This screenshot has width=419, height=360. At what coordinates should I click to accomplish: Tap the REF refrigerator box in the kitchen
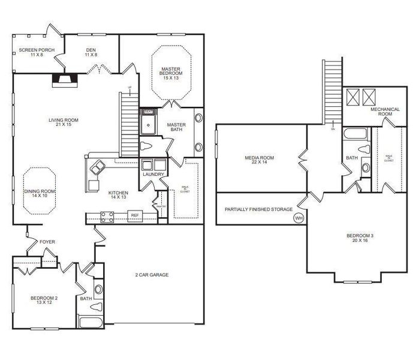135,215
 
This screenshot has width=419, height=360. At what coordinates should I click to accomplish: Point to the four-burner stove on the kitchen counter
107,215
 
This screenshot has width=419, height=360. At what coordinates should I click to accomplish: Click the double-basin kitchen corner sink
95,169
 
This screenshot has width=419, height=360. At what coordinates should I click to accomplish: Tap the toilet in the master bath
146,145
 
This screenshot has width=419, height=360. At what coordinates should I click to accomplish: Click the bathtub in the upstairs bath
356,133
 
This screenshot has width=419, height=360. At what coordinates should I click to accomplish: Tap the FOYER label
47,242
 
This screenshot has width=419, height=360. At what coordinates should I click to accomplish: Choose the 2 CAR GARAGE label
152,275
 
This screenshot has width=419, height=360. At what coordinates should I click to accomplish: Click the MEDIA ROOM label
259,158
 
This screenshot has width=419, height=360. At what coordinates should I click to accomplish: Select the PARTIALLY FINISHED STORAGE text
258,209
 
